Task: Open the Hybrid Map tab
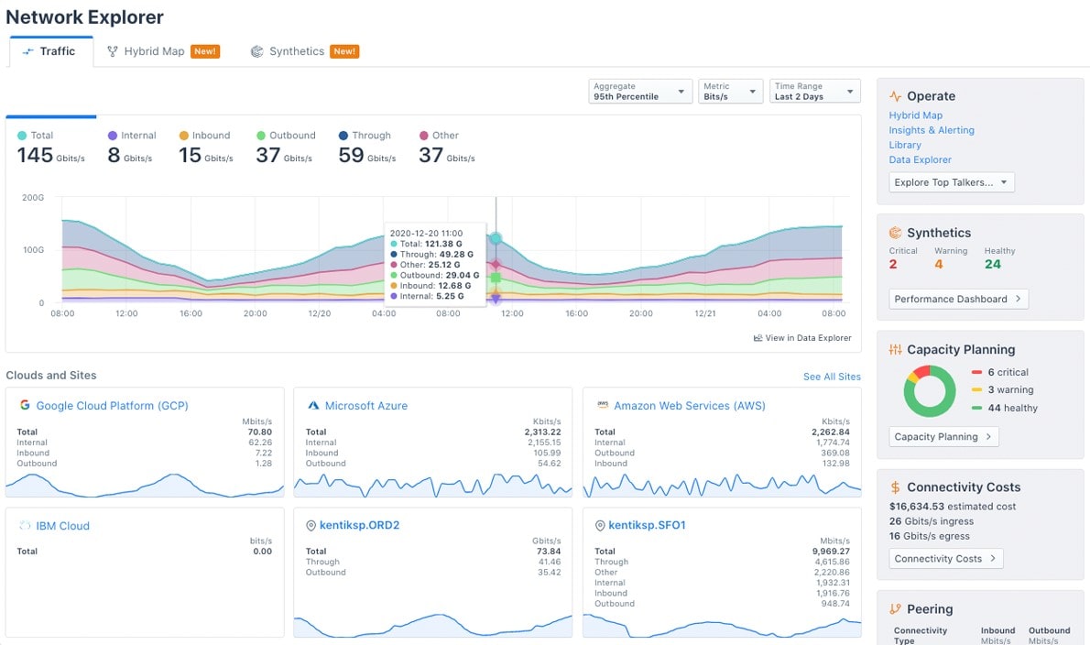(x=154, y=51)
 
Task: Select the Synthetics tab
(x=296, y=51)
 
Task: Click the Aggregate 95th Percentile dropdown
(x=640, y=92)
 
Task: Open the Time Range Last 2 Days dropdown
(x=815, y=92)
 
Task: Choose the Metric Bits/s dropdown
(x=730, y=92)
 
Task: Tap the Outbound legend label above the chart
(x=291, y=136)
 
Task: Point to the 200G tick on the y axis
(x=32, y=197)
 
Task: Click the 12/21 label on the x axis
(x=704, y=313)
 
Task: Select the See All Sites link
(x=832, y=377)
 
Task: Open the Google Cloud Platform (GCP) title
(x=112, y=406)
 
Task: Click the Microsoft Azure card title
(x=365, y=406)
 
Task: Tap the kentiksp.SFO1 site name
(x=647, y=526)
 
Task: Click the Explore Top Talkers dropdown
(x=951, y=182)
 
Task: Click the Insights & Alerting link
(x=931, y=130)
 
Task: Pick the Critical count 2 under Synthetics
(x=893, y=265)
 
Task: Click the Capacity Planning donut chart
(x=930, y=391)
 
